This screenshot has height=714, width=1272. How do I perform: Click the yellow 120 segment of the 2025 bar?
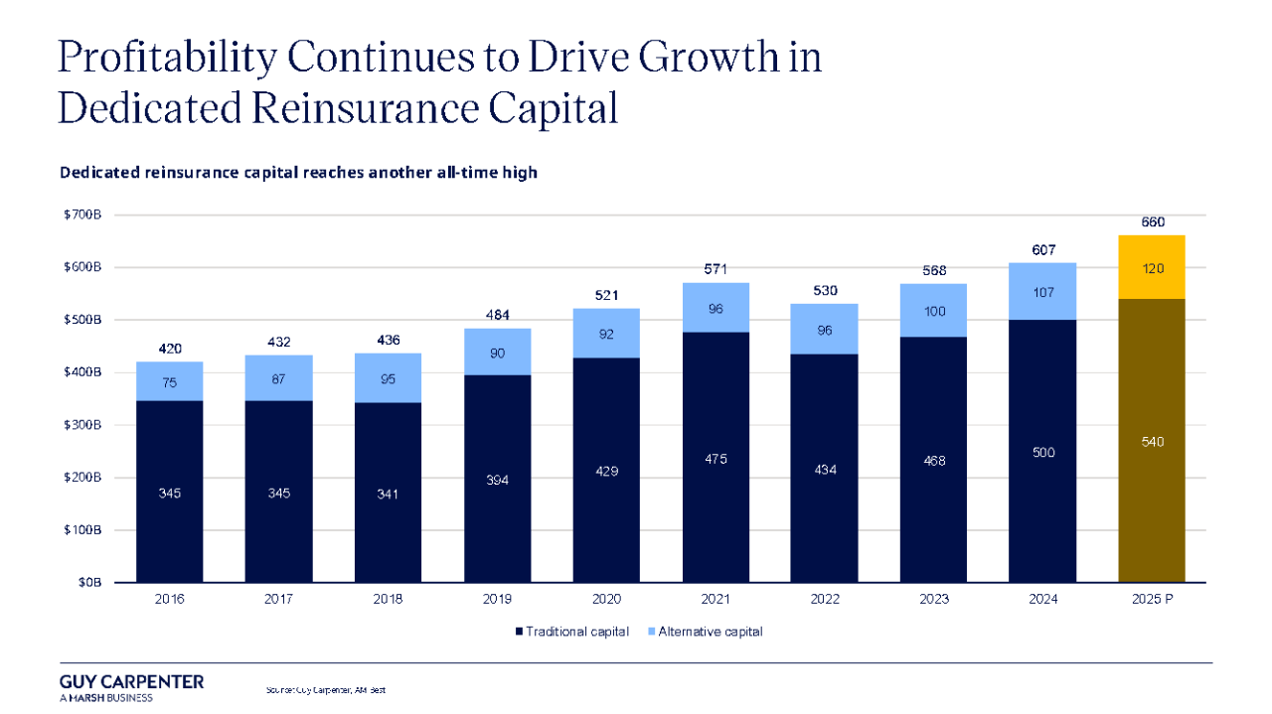1152,268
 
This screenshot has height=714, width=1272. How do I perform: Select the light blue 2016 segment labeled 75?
170,381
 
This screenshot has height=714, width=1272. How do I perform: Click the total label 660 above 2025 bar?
1152,222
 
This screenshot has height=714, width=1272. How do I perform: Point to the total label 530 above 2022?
825,291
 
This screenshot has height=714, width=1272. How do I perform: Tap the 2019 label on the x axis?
497,600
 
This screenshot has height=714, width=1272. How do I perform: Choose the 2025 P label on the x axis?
1152,600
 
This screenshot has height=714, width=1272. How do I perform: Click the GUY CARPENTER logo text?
131,682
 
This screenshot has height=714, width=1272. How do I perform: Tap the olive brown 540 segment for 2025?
1152,442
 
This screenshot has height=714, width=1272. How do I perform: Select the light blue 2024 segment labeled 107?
1042,293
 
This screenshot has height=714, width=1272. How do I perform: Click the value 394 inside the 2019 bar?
497,480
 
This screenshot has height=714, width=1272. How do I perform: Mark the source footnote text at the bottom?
325,689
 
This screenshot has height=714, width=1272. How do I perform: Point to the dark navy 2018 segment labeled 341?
388,494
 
